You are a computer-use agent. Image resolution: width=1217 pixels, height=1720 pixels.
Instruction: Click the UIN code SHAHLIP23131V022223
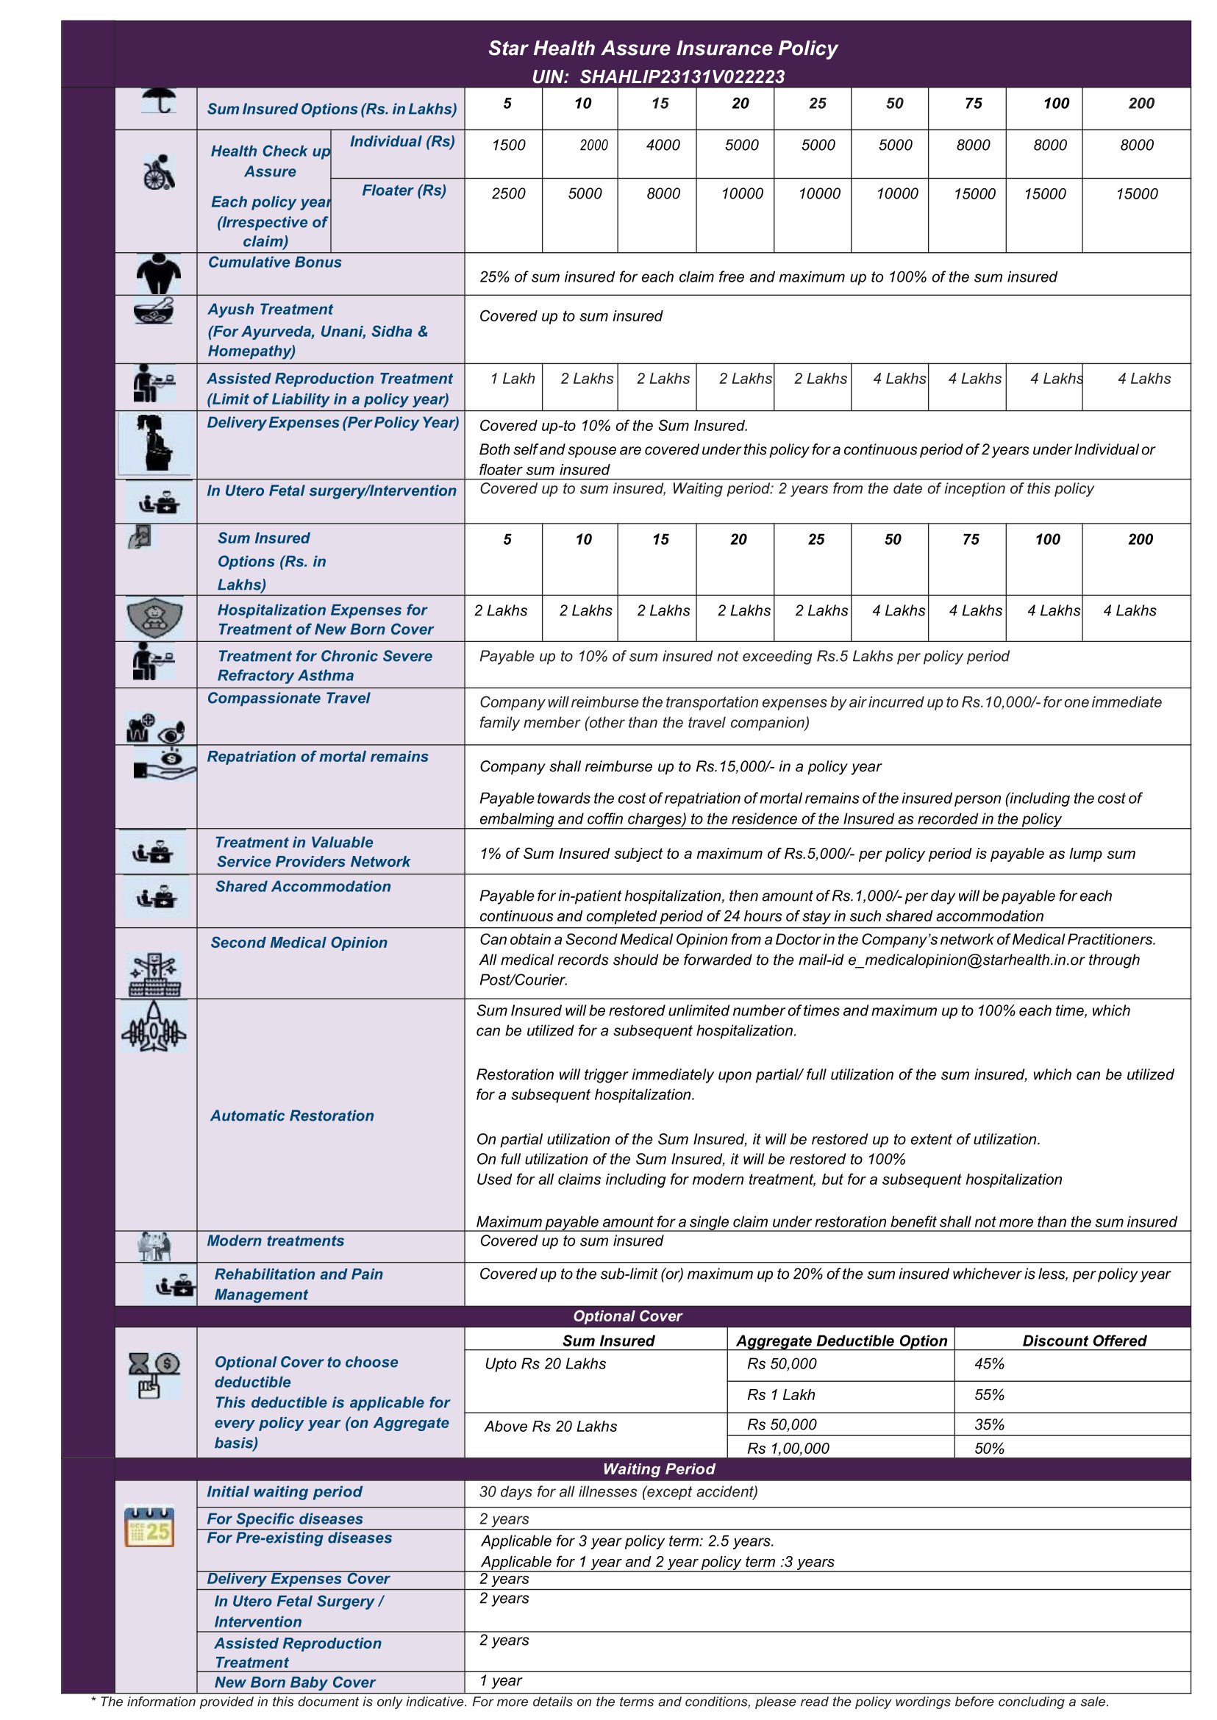point(681,76)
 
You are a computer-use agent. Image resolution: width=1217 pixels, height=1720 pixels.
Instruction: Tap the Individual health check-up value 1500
point(508,146)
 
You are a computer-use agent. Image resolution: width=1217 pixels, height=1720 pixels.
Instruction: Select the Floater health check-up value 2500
point(508,194)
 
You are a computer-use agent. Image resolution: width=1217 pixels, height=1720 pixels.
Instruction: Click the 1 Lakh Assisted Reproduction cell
point(513,379)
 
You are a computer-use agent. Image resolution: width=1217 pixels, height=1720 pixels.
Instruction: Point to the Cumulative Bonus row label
point(274,263)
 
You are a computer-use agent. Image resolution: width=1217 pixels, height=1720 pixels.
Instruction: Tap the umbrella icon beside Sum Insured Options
point(159,101)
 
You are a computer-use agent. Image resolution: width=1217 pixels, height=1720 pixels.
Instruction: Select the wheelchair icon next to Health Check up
point(159,172)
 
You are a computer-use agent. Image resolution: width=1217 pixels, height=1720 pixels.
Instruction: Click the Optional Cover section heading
point(627,1316)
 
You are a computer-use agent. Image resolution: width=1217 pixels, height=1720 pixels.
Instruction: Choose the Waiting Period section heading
point(659,1469)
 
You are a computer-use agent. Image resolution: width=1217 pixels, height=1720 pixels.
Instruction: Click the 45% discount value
point(989,1364)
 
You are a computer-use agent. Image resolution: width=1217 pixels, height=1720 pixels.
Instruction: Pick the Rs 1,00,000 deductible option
point(788,1449)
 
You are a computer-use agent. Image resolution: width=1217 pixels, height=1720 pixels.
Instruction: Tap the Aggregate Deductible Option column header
point(841,1341)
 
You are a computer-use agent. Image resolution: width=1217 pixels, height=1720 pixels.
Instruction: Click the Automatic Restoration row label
point(291,1116)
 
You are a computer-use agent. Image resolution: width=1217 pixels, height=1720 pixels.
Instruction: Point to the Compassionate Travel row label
point(288,699)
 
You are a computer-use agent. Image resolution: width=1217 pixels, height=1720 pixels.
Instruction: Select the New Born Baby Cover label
point(295,1682)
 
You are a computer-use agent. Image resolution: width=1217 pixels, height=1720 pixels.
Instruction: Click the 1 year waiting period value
point(501,1681)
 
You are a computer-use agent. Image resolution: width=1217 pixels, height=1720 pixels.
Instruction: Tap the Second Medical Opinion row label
point(299,943)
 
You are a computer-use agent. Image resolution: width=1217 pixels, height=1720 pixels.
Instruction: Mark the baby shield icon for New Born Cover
point(155,618)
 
